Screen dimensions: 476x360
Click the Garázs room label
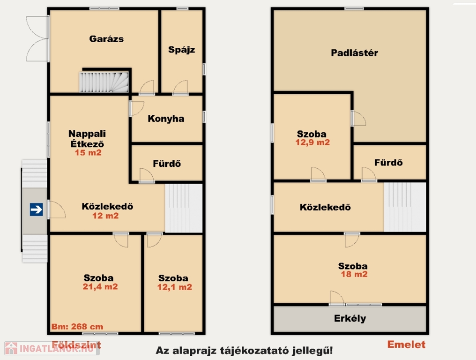click(106, 39)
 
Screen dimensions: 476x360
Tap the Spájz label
click(181, 50)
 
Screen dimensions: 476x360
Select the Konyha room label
click(166, 119)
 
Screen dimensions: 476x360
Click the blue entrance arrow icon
click(36, 210)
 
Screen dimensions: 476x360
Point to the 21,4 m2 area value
click(100, 287)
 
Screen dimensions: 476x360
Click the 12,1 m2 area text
click(175, 287)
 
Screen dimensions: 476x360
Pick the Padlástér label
click(354, 53)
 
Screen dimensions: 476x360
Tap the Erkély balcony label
click(350, 318)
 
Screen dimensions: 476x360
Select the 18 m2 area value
click(354, 274)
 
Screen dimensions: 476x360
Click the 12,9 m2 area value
click(312, 142)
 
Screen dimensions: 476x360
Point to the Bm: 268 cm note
click(77, 327)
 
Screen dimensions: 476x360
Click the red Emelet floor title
click(406, 345)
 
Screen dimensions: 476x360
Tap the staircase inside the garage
click(104, 82)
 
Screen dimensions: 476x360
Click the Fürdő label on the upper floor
click(388, 163)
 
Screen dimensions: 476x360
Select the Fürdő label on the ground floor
click(167, 164)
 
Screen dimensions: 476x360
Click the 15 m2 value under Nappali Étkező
click(88, 152)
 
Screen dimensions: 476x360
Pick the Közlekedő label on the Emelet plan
click(325, 207)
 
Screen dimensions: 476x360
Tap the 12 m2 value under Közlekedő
click(105, 216)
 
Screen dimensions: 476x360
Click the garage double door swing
click(37, 39)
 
